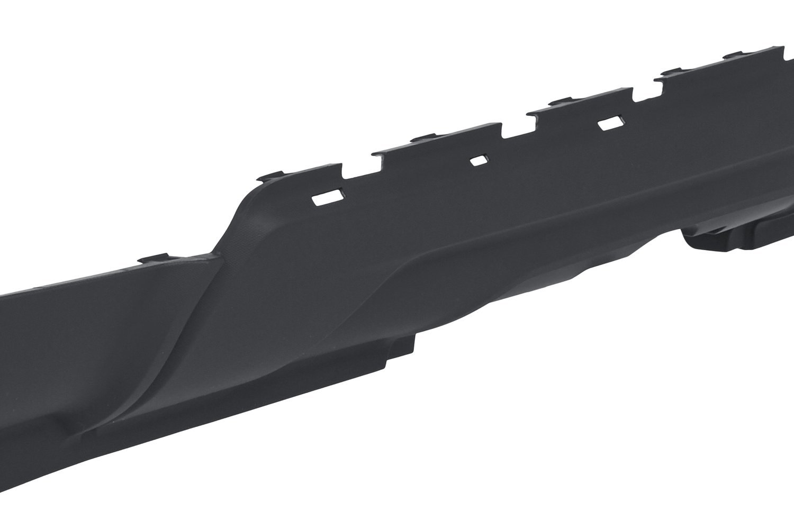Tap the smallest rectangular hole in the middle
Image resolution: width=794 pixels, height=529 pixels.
tap(480, 160)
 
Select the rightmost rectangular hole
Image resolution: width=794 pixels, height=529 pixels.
tap(610, 124)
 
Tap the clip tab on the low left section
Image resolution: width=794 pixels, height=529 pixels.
tap(154, 259)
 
